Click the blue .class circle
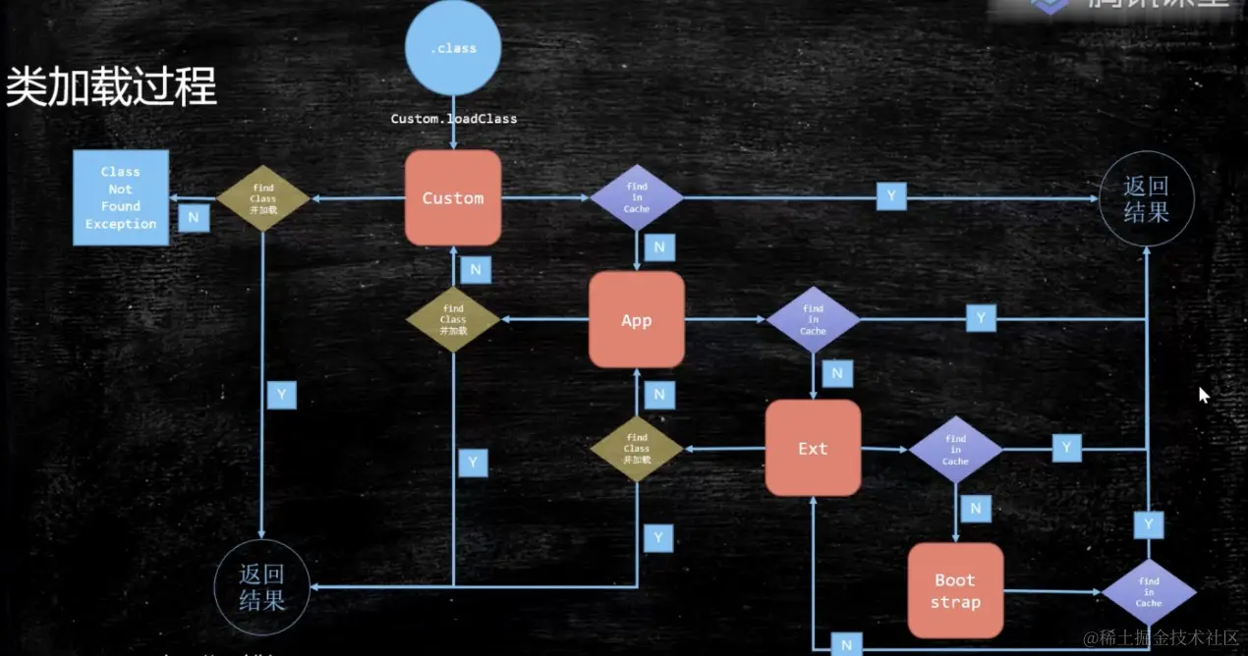453,48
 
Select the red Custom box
453,197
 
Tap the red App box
637,320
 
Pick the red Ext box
813,448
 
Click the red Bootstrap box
955,591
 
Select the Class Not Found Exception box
121,197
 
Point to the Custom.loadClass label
454,119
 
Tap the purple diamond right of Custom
637,197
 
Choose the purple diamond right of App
813,320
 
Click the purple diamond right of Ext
955,449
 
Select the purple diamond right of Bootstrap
1149,592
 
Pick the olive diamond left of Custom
262,197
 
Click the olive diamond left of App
453,320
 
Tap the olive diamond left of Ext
637,448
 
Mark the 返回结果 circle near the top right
1146,197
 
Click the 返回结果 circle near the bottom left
262,586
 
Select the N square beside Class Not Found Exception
194,217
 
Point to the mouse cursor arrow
1204,395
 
